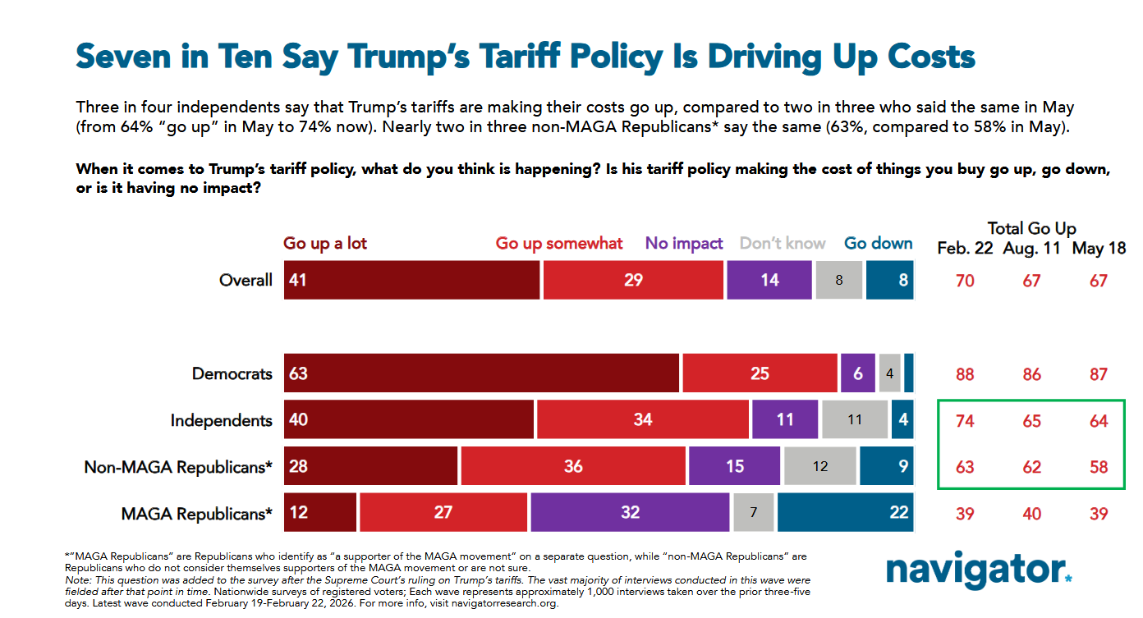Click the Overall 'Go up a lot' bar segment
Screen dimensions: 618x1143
[411, 280]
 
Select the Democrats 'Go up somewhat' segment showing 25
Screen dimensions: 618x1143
[760, 373]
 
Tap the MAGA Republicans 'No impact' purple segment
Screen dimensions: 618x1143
[630, 512]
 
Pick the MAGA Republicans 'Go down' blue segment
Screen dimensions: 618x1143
[845, 512]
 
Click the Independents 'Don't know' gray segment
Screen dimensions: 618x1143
[855, 420]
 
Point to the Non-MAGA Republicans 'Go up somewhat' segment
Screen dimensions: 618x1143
[573, 466]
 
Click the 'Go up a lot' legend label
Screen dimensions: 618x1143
[325, 244]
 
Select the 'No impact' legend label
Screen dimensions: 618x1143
[684, 244]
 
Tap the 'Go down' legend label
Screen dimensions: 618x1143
[878, 244]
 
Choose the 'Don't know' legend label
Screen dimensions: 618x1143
[783, 244]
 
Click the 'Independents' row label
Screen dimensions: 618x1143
[221, 420]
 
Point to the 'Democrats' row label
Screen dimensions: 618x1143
[232, 373]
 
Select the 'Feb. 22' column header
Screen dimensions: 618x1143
[965, 249]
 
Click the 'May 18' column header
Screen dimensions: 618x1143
[1099, 249]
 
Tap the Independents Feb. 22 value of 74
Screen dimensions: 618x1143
[965, 421]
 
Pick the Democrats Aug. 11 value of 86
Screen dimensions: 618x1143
[1031, 374]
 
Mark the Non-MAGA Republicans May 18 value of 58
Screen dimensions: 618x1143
[1099, 467]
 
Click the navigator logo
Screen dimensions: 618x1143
[978, 570]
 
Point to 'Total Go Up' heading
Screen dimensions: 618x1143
[1032, 229]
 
